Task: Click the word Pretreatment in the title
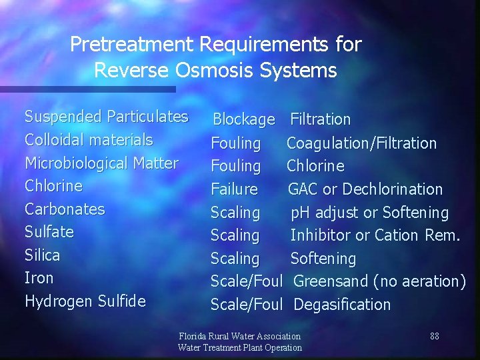click(x=131, y=45)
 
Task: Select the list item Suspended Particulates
click(x=106, y=117)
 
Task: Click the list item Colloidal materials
click(x=89, y=140)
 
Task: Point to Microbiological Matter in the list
click(x=101, y=163)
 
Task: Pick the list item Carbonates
click(x=65, y=209)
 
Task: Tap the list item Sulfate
click(x=49, y=232)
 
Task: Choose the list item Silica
click(x=42, y=255)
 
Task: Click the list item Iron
click(x=39, y=278)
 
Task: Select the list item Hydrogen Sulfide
click(x=85, y=301)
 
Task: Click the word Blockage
click(x=243, y=120)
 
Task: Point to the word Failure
click(x=234, y=189)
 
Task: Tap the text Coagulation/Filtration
click(x=361, y=143)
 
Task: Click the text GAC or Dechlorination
click(x=365, y=189)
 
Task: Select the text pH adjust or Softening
click(x=370, y=213)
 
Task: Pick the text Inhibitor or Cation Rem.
click(x=375, y=235)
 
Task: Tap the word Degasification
click(x=342, y=305)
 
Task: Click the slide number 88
click(x=435, y=336)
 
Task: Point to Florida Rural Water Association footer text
click(x=240, y=336)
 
